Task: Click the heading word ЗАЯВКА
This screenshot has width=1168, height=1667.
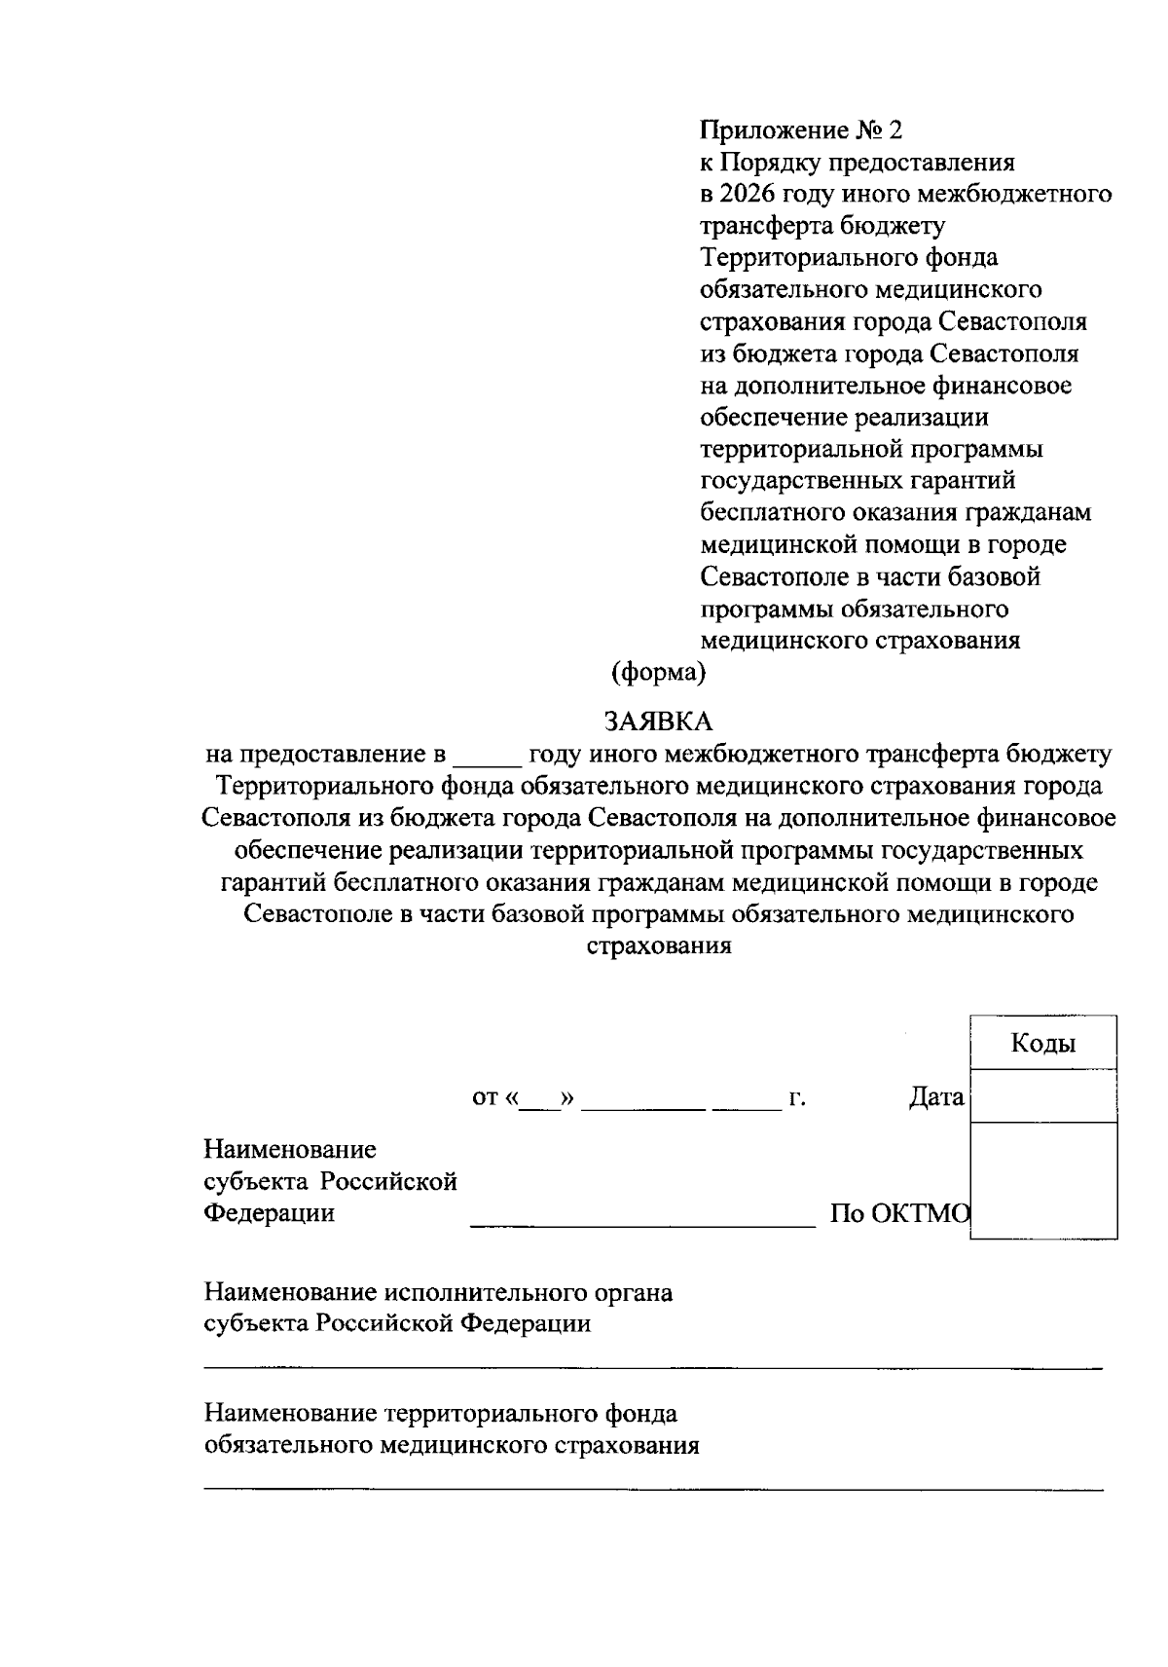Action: [x=658, y=721]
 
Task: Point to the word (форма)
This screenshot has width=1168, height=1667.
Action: [x=657, y=672]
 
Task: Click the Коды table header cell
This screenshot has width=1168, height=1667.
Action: [x=1043, y=1044]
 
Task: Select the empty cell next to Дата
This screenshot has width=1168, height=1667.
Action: [x=1043, y=1096]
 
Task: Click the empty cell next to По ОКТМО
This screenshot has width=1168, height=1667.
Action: [x=1043, y=1180]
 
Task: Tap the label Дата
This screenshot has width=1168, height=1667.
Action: [x=935, y=1098]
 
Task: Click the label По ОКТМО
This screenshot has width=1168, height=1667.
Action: [x=899, y=1213]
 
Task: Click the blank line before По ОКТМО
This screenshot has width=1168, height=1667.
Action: [x=642, y=1222]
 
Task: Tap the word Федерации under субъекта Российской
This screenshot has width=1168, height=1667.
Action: [x=269, y=1213]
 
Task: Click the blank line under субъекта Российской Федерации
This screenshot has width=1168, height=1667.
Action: [x=652, y=1368]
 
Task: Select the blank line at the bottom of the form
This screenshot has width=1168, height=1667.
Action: [x=652, y=1489]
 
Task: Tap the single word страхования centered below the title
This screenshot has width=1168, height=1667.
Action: [x=658, y=945]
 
